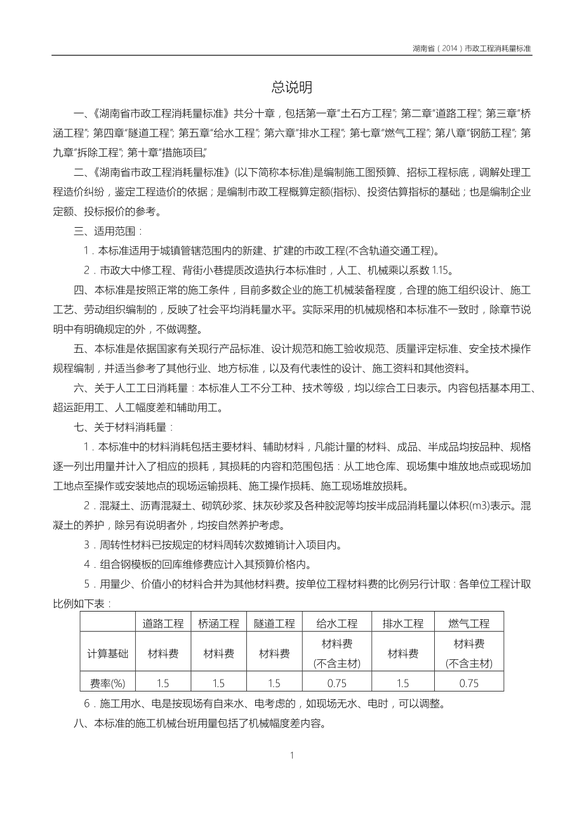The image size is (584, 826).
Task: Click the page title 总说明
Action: tap(292, 87)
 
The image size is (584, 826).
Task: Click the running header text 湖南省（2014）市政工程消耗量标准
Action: tap(472, 48)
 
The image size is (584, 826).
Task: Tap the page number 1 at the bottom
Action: tap(292, 755)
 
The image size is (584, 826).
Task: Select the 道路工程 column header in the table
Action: tap(163, 623)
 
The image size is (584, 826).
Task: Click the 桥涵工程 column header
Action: tap(218, 623)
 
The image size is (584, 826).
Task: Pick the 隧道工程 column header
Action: tap(274, 623)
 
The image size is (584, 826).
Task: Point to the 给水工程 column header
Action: tap(336, 623)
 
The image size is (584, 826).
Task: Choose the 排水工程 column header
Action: tap(402, 623)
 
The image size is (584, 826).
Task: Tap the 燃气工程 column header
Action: tap(468, 623)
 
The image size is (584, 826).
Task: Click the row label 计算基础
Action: tap(107, 653)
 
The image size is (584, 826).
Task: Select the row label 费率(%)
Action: tap(107, 683)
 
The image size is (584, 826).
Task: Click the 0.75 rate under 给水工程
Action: tap(336, 683)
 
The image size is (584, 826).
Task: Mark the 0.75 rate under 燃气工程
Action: tap(468, 683)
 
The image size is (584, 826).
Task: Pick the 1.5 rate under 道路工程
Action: tap(163, 683)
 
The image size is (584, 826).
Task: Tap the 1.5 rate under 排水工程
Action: tap(402, 683)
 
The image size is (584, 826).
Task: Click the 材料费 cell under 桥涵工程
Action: tap(218, 653)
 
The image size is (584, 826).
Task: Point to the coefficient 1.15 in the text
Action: tap(440, 270)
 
